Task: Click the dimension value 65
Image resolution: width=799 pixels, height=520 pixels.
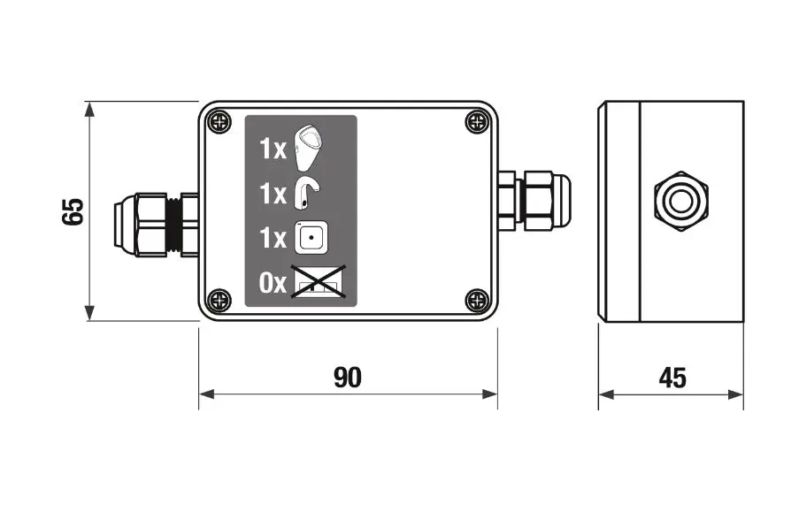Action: [73, 211]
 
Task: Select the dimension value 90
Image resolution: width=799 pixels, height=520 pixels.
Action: [348, 378]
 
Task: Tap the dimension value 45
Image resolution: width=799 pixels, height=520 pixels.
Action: [672, 378]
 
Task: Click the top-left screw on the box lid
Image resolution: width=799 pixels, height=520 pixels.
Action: [219, 122]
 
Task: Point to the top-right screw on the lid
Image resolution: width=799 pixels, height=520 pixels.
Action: [478, 122]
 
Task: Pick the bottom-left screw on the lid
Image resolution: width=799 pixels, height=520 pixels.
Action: [219, 300]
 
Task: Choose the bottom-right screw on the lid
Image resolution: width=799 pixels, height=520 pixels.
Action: [478, 300]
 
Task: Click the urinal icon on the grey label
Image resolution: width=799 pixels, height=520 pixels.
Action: [309, 147]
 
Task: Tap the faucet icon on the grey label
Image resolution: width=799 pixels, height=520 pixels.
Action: [307, 194]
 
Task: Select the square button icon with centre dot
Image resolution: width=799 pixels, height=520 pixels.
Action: [311, 238]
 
